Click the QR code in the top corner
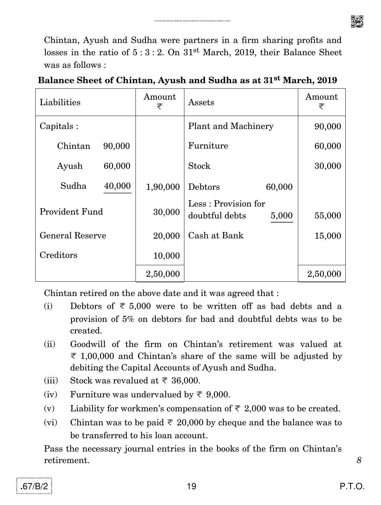[x=357, y=21]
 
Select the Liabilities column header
[x=60, y=102]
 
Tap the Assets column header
[x=201, y=102]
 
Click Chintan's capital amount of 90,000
[x=116, y=146]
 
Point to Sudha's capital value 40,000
[x=117, y=186]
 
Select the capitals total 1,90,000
[x=163, y=187]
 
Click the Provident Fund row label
[x=71, y=212]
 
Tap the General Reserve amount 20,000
[x=166, y=236]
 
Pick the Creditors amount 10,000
[x=166, y=256]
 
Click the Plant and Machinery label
[x=231, y=126]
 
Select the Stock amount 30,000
[x=328, y=166]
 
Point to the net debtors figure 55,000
[x=328, y=216]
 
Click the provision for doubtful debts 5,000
[x=281, y=216]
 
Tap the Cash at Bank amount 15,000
[x=328, y=236]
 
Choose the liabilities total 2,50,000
[x=163, y=274]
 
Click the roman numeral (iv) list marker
[x=51, y=395]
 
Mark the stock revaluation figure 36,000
[x=187, y=381]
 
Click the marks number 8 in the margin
[x=359, y=460]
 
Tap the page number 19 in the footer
[x=191, y=486]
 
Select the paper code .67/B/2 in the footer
[x=35, y=486]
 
